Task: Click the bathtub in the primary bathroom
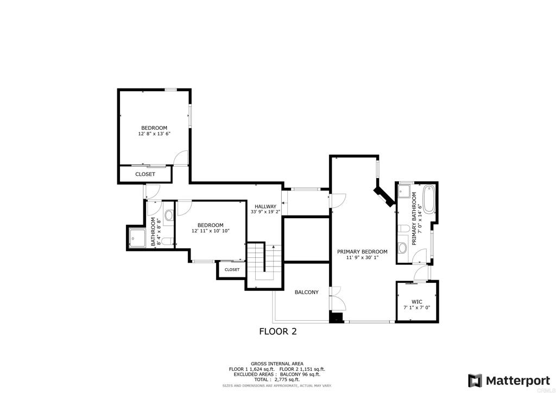pyautogui.click(x=428, y=199)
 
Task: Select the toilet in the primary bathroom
pyautogui.click(x=403, y=229)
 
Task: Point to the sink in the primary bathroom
pyautogui.click(x=402, y=248)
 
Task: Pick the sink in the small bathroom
pyautogui.click(x=168, y=215)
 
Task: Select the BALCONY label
pyautogui.click(x=306, y=292)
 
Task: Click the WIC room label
pyautogui.click(x=416, y=301)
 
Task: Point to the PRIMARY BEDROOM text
pyautogui.click(x=362, y=252)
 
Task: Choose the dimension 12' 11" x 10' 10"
pyautogui.click(x=210, y=231)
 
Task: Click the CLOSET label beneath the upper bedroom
pyautogui.click(x=145, y=174)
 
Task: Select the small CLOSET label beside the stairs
pyautogui.click(x=232, y=269)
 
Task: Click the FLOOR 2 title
pyautogui.click(x=277, y=331)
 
